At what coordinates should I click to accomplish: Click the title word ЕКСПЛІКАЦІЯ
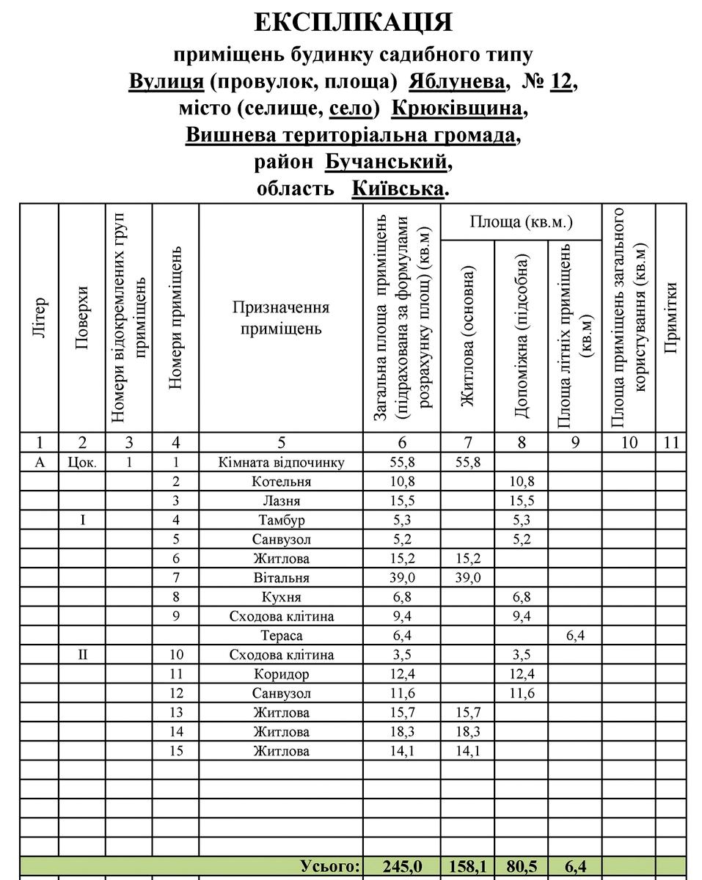[354, 23]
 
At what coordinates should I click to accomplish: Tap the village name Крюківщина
[458, 109]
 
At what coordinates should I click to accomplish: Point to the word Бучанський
[385, 161]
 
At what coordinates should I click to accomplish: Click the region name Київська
[398, 188]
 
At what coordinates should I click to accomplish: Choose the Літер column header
[40, 319]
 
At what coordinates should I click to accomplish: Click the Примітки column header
[669, 319]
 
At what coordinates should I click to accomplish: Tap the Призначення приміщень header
[281, 318]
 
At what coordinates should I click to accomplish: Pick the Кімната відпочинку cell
[281, 462]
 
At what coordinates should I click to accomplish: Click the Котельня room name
[281, 482]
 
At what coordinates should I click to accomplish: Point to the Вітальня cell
[281, 578]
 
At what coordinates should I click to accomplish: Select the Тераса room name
[281, 636]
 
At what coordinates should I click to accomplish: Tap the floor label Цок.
[82, 463]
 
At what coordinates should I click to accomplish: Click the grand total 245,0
[402, 866]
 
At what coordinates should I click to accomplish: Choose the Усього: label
[331, 866]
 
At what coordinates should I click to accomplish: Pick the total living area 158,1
[468, 866]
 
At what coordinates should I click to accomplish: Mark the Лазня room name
[281, 501]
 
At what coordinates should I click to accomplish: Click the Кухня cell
[281, 597]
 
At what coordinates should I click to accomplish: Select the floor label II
[82, 655]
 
